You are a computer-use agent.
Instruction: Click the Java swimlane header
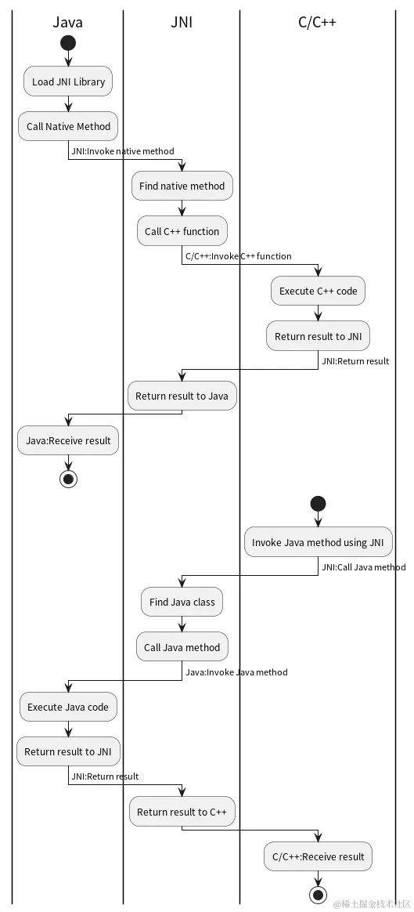(x=67, y=22)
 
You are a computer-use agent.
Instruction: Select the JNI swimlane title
(x=182, y=22)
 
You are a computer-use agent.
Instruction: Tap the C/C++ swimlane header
(x=317, y=22)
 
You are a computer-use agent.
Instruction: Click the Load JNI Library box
(x=68, y=81)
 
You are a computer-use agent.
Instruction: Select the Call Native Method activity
(x=68, y=126)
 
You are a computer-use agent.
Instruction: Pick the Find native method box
(x=182, y=186)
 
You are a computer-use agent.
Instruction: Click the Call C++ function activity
(x=182, y=231)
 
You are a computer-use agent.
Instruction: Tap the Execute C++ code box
(x=318, y=291)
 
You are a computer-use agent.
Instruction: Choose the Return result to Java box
(x=182, y=396)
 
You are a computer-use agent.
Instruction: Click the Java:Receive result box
(x=68, y=440)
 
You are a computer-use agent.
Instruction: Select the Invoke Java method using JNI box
(x=318, y=542)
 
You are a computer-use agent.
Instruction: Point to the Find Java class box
(x=182, y=603)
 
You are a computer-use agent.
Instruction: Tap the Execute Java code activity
(x=68, y=707)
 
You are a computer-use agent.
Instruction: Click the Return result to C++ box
(x=182, y=812)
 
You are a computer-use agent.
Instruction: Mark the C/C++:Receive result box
(x=318, y=856)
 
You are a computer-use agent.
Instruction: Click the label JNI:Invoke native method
(x=123, y=151)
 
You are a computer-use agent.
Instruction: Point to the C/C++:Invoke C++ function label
(x=238, y=256)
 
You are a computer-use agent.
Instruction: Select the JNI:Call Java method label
(x=363, y=567)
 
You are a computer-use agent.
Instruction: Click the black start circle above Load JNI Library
(x=68, y=42)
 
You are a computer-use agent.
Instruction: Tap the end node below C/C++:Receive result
(x=318, y=894)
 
